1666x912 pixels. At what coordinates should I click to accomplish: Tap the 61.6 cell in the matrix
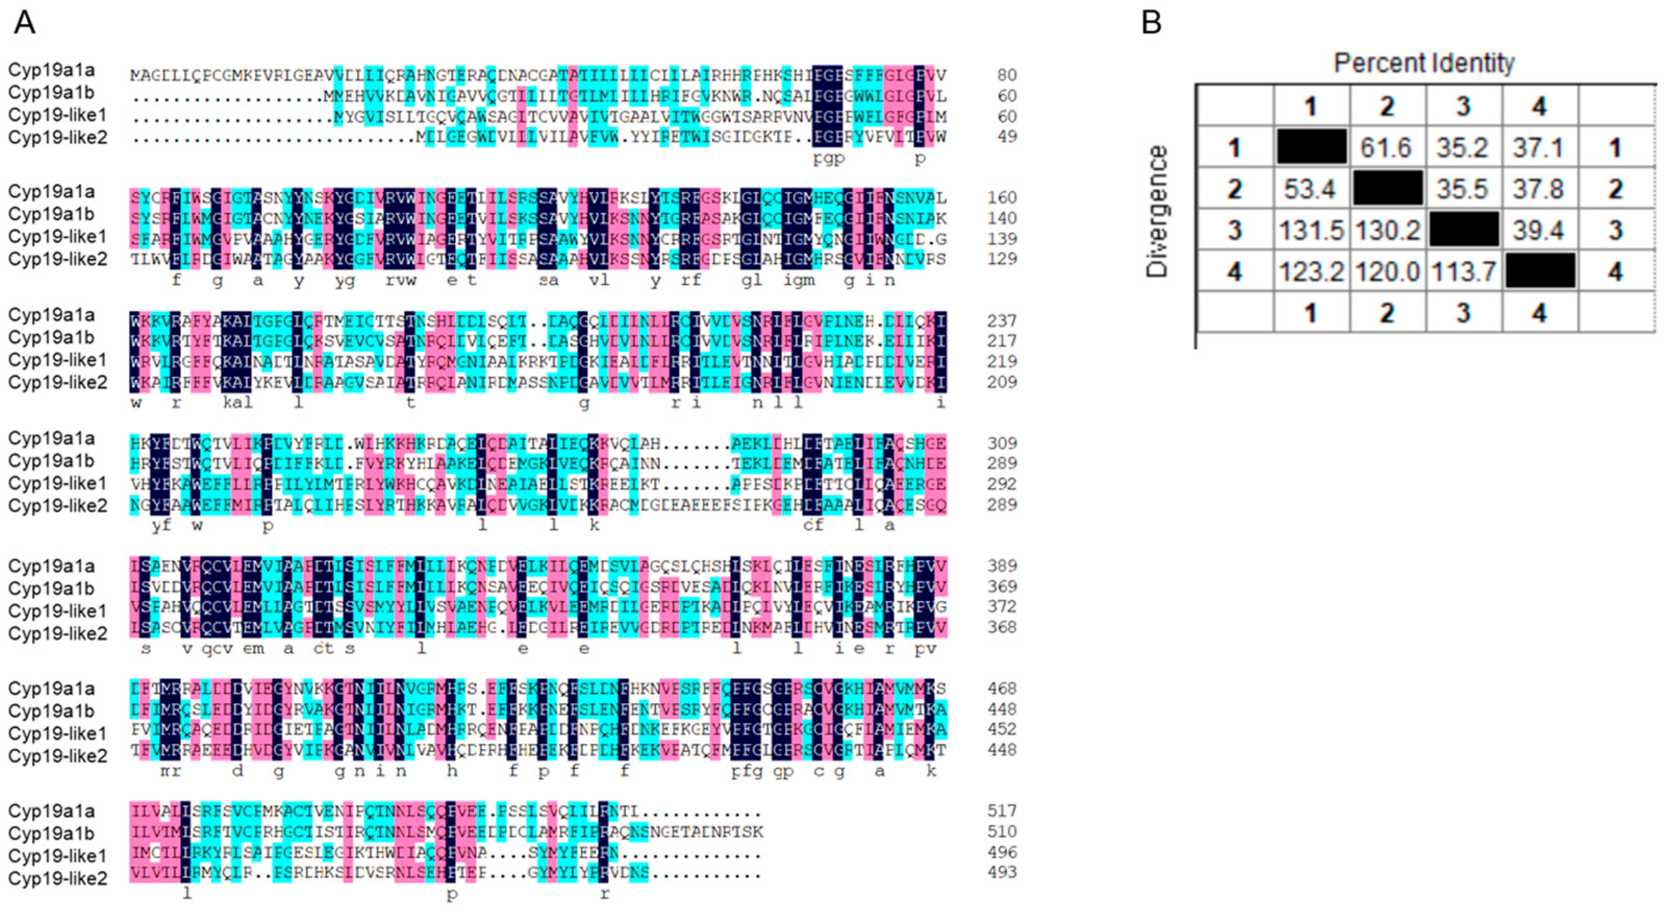click(1386, 147)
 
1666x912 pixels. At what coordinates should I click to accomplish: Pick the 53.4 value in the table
click(1311, 189)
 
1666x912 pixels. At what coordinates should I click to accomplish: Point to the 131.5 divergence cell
click(1311, 230)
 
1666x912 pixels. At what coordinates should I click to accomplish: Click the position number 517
click(1002, 811)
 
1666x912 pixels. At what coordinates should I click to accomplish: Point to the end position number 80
click(1007, 76)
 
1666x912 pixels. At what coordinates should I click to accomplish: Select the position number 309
click(1002, 443)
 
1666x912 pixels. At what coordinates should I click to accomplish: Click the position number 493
click(1002, 872)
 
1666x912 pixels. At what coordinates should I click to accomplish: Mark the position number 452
click(1002, 729)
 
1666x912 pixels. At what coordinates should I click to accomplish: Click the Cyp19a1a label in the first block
click(52, 70)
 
